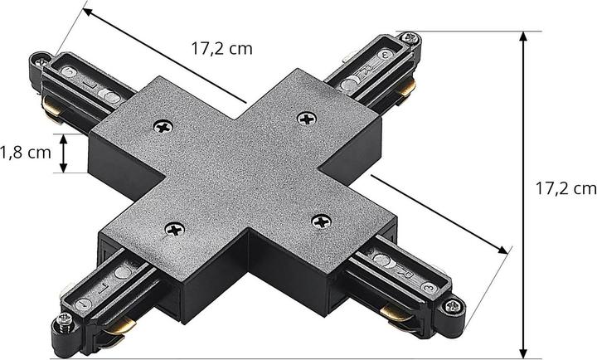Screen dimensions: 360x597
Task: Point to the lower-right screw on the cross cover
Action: tap(323, 221)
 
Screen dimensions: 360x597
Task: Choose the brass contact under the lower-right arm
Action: tap(393, 312)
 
